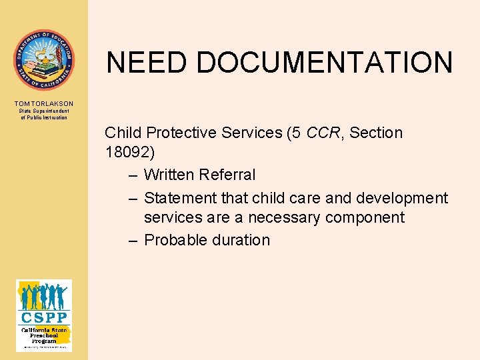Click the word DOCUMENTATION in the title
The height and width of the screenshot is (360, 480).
[325, 63]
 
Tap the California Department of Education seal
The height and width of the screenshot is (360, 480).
[44, 60]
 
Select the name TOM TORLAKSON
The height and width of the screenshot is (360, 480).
[44, 103]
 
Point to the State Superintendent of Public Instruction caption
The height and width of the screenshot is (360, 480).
[44, 114]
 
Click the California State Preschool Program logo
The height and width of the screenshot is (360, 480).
[44, 315]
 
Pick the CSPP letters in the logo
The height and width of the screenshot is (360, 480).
[44, 317]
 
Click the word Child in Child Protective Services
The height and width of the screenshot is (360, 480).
[122, 133]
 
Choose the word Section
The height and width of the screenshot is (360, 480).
[376, 133]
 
